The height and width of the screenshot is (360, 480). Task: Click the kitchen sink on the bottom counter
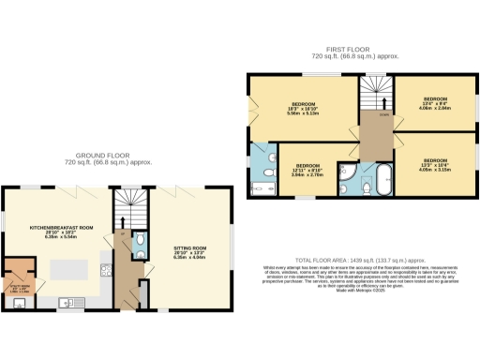(x=67, y=303)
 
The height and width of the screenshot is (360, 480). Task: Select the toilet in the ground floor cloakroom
(x=139, y=250)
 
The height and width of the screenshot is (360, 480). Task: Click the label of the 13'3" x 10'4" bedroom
(x=436, y=165)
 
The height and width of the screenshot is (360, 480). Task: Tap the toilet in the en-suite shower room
(x=267, y=173)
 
